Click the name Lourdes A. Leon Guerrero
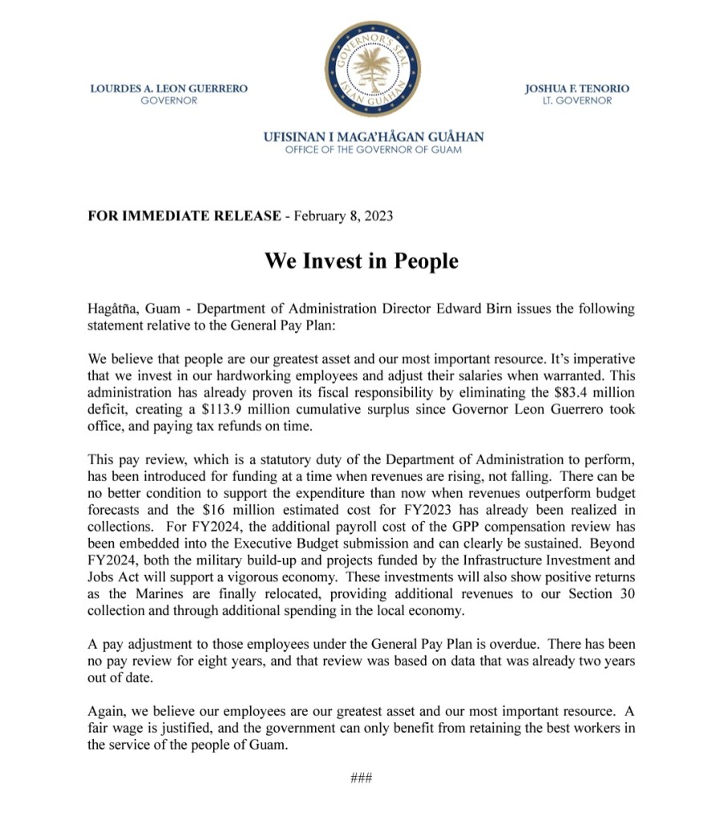tap(168, 88)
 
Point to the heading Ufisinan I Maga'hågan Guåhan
tap(374, 137)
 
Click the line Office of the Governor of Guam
tap(374, 150)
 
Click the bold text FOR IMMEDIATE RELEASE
tap(184, 216)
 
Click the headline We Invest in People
tap(362, 261)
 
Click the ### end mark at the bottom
tap(362, 778)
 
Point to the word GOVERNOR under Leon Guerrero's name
tap(168, 101)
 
